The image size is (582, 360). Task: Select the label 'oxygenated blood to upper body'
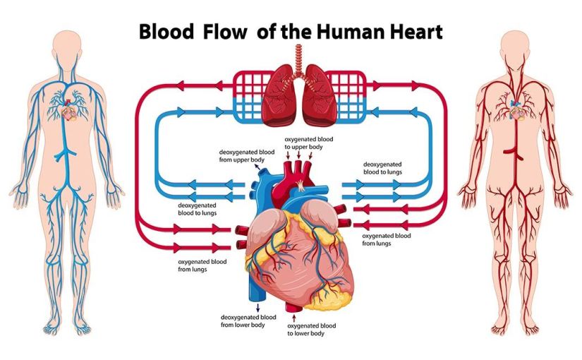pos(309,143)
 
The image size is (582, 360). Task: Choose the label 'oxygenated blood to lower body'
pos(312,330)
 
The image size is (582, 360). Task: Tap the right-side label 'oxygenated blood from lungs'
pos(386,239)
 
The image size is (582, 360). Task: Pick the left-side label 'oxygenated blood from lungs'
pos(202,265)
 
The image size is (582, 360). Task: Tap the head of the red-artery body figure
pos(518,47)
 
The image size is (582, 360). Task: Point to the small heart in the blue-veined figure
pos(68,112)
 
